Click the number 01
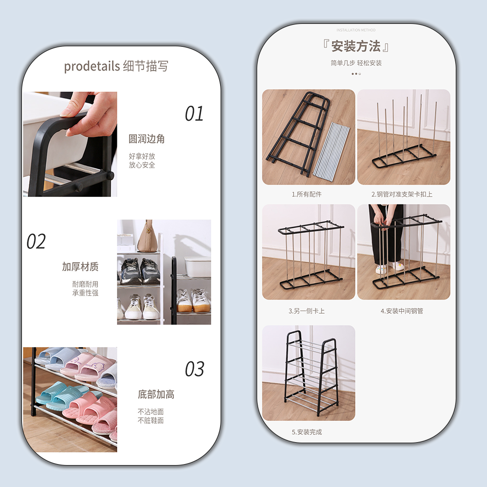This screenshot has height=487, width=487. point(194,113)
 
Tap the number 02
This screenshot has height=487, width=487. point(36,242)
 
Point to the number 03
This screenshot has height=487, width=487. point(194,369)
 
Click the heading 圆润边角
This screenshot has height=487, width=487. point(147,139)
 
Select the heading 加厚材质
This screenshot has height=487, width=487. point(80,266)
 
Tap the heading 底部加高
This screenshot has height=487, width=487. point(156,394)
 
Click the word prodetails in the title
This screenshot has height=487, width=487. point(92,66)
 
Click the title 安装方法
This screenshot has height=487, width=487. point(356,46)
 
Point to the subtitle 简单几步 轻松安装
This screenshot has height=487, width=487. point(356,63)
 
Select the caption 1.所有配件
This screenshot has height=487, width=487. point(306,194)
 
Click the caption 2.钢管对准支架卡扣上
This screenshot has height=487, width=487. point(402,194)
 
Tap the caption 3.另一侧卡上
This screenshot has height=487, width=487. point(306,311)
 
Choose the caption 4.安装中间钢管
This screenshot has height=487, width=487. point(402,311)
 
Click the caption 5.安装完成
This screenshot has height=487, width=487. point(306,431)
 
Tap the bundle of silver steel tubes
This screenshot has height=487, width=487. point(331,150)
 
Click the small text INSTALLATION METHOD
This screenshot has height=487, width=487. point(356,30)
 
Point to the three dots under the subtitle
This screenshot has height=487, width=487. point(356,74)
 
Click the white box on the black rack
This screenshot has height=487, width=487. point(198,266)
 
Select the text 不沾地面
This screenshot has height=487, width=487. point(150,412)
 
